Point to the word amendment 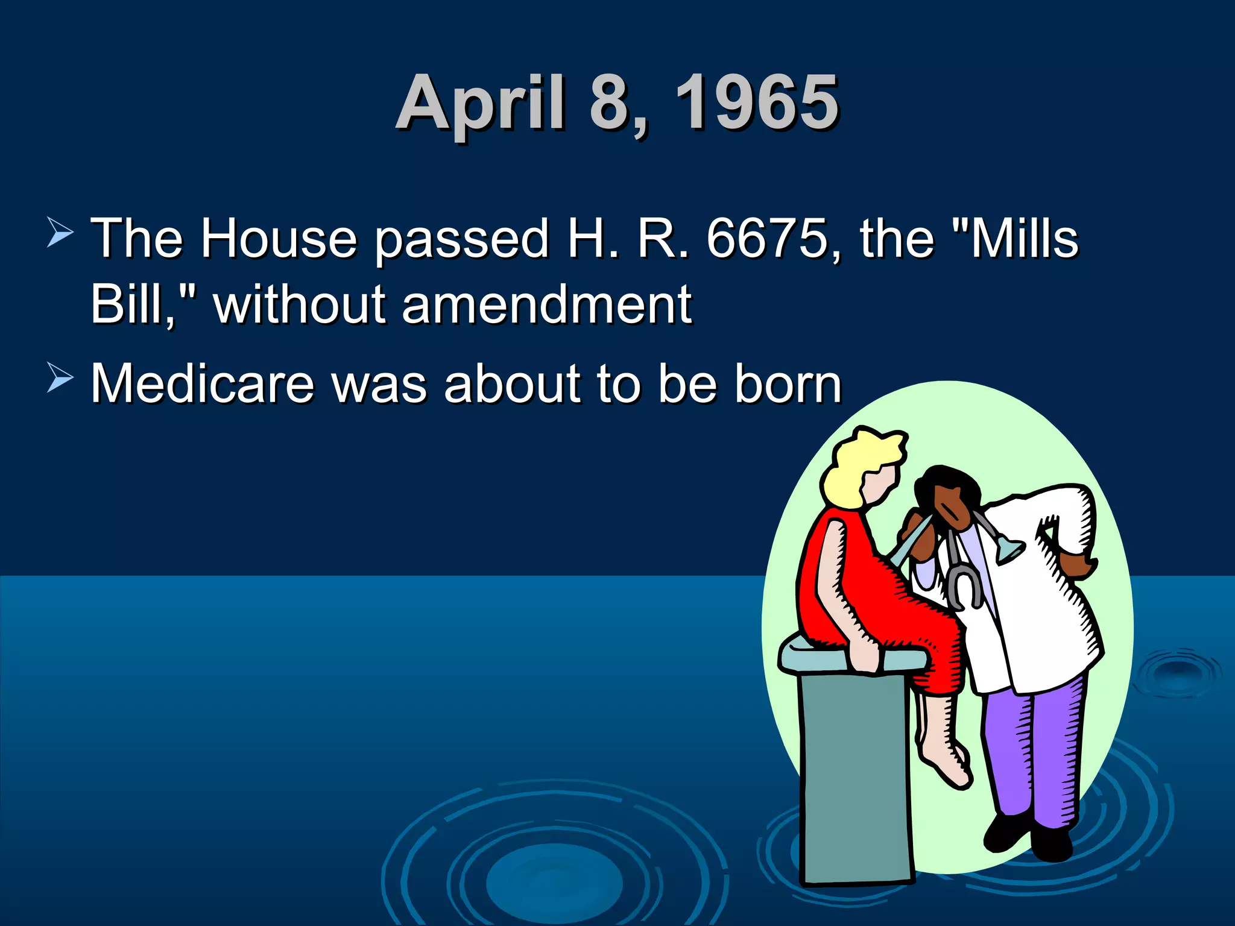coord(546,304)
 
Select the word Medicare coord(203,384)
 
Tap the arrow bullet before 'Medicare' coord(60,379)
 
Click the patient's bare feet coord(947,760)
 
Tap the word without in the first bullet coord(299,304)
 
